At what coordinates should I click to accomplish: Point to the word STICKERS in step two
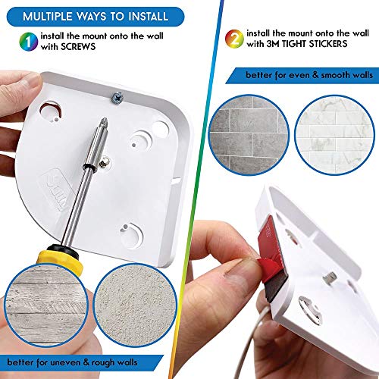[327, 45]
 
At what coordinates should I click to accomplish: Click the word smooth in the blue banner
[318, 75]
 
